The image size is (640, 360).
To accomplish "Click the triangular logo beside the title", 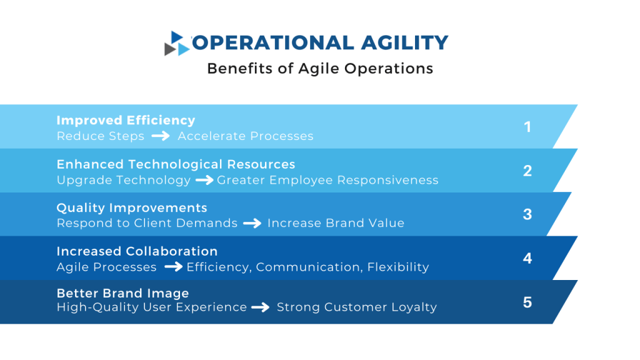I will [177, 44].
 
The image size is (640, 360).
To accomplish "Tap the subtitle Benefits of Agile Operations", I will [320, 68].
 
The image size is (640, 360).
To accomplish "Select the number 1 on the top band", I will [527, 127].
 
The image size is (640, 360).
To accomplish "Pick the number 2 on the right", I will [527, 171].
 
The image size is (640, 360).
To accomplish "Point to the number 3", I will [527, 214].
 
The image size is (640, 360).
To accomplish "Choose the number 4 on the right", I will [527, 258].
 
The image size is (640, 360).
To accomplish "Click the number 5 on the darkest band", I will [527, 302].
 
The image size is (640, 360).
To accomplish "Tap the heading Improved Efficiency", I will [126, 120].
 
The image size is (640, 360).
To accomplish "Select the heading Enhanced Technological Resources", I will [176, 164].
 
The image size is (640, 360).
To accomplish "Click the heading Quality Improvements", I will [132, 207].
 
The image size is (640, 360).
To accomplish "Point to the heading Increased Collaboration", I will [137, 251].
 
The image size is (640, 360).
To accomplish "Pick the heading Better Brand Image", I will [122, 293].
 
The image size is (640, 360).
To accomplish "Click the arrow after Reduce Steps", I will [161, 136].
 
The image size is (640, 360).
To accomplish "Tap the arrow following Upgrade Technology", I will [204, 181].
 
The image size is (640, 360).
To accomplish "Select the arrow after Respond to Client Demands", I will [252, 223].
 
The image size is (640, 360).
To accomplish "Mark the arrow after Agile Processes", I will [173, 267].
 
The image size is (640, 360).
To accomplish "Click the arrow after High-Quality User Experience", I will [261, 307].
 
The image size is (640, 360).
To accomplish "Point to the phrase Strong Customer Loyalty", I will [356, 307].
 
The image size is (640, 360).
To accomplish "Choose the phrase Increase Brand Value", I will [336, 223].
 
